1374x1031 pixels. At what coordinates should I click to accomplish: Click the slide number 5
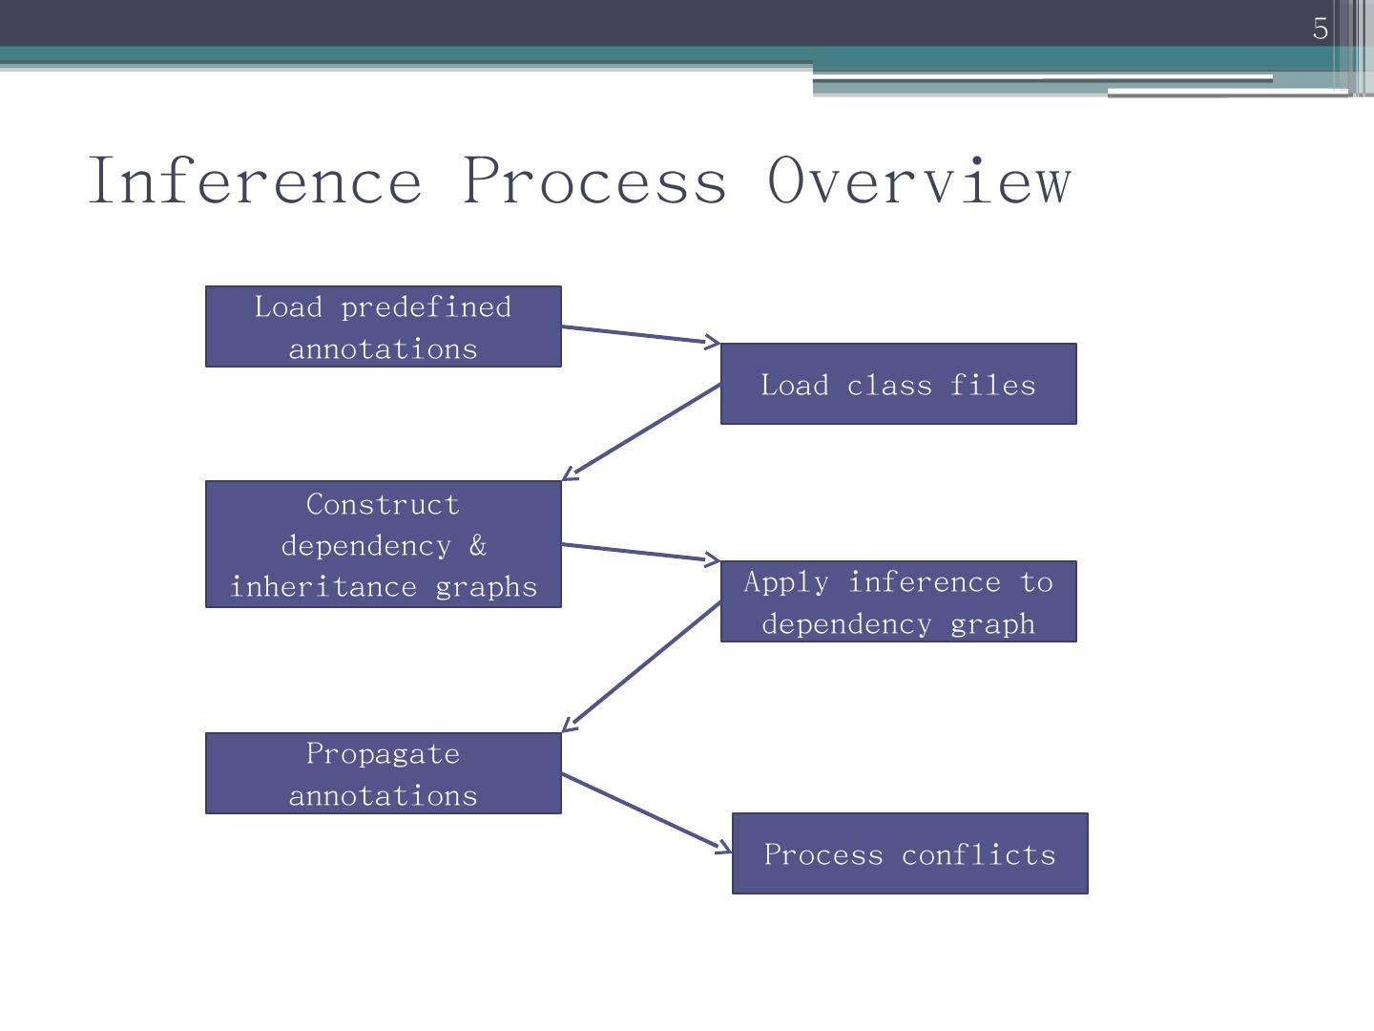pos(1320,29)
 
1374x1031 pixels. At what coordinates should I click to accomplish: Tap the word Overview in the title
pos(919,180)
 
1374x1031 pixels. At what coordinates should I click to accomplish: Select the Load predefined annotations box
pos(383,326)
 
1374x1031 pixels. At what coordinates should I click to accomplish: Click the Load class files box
pos(898,384)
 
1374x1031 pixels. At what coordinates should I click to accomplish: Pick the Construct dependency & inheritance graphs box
pos(383,544)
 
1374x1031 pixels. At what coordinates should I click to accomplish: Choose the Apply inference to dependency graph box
pos(898,601)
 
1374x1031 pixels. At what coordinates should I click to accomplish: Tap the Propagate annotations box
pos(383,773)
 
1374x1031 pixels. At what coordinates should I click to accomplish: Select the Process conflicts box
pos(909,853)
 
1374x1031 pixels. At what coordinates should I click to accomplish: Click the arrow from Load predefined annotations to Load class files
pos(640,334)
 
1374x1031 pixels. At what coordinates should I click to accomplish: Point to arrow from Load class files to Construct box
pos(641,431)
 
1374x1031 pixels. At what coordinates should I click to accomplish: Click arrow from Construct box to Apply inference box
pos(640,552)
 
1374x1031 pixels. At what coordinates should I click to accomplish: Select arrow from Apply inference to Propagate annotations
pos(641,666)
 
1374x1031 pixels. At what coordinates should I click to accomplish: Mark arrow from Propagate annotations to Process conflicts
pos(646,811)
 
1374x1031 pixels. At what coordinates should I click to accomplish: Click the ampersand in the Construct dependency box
pos(477,546)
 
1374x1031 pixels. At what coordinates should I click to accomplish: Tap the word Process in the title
pos(593,180)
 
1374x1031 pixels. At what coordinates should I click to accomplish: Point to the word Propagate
pos(383,753)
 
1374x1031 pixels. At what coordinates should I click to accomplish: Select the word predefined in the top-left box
pos(426,307)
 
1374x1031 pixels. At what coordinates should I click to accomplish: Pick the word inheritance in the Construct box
pos(323,586)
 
